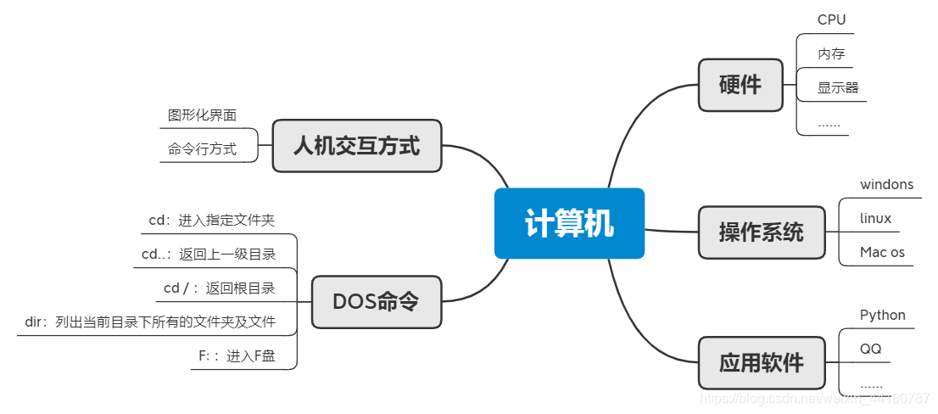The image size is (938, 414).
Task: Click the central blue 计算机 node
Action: coord(569,224)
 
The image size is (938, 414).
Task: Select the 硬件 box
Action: coord(740,85)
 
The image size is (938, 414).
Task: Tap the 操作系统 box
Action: coord(761,232)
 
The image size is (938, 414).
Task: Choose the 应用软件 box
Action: coord(761,363)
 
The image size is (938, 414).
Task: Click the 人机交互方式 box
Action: coord(356,146)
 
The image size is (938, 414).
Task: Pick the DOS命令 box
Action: coord(376,302)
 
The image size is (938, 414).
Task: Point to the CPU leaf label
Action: coord(831,20)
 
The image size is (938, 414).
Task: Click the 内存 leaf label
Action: coord(831,53)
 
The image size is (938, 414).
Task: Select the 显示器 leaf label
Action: coord(838,87)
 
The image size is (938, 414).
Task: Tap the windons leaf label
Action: coord(886,184)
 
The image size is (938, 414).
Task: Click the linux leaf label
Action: coord(875,218)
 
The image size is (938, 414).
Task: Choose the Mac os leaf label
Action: coord(882,252)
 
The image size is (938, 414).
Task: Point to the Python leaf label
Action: coord(882,315)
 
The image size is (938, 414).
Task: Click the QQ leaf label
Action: coord(870,349)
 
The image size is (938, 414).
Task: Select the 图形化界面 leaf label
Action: coord(202,115)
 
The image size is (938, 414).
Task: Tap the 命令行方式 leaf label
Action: coord(202,149)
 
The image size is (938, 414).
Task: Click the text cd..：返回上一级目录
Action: coord(208,254)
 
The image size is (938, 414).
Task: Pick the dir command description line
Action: coord(150,322)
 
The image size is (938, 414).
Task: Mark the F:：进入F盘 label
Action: coord(237,356)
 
